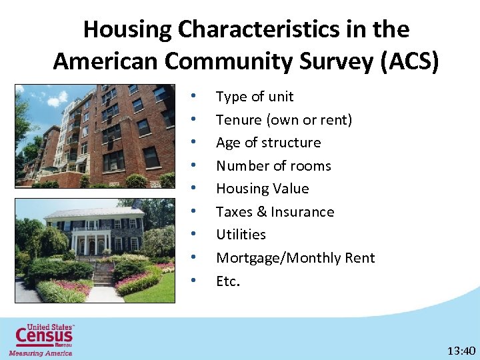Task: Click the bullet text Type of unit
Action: (x=255, y=97)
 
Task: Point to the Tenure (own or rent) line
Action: (x=284, y=120)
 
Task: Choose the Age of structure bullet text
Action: (x=268, y=143)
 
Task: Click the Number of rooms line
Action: (x=273, y=166)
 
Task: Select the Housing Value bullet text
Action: (x=262, y=189)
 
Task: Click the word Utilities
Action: (x=241, y=235)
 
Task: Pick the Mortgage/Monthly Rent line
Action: (x=295, y=258)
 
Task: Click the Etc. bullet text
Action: (x=227, y=281)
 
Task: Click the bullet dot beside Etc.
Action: (x=193, y=280)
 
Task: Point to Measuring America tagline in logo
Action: (x=40, y=353)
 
